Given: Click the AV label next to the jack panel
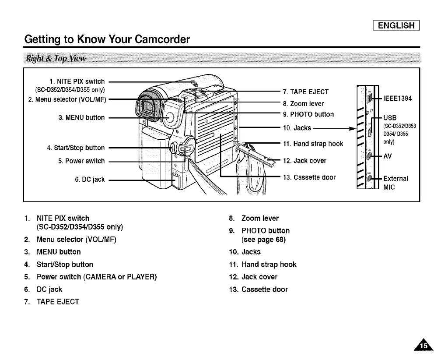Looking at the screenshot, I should [388, 155].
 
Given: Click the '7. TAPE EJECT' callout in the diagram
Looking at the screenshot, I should [305, 92].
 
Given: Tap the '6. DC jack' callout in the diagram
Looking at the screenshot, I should [89, 179].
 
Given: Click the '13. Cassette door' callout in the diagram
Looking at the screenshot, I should [309, 177].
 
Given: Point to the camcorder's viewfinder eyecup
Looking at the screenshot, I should [148, 110].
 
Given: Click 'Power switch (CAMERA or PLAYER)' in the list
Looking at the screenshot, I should [96, 277].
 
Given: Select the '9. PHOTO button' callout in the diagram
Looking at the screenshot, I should [308, 114].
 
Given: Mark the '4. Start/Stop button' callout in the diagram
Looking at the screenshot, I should [76, 148].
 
